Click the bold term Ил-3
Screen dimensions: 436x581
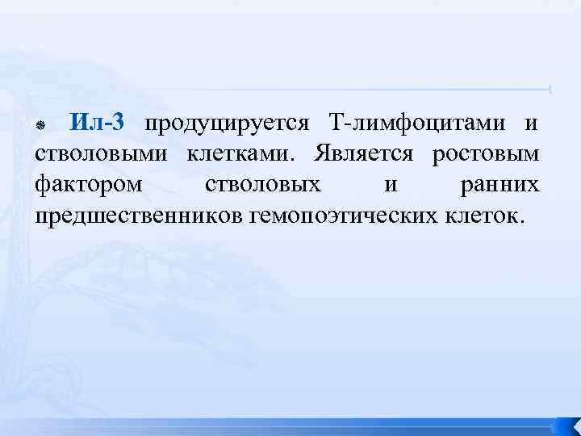[97, 124]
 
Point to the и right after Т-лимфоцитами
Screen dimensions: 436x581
[531, 125]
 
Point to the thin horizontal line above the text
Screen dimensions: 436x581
[323, 88]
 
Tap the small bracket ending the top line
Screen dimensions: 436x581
[550, 88]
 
